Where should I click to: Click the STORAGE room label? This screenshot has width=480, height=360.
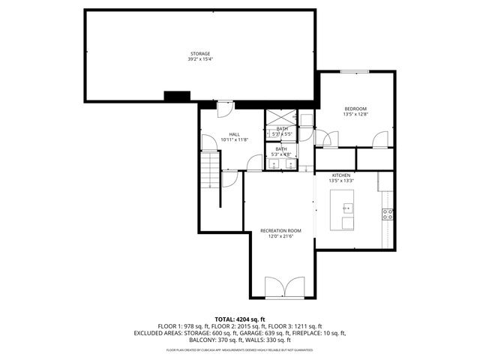coord(199,53)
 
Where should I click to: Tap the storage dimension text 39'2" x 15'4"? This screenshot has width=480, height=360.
coord(199,58)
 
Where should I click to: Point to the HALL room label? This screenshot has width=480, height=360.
coord(234,134)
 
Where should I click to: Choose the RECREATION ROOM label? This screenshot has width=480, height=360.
coord(280,230)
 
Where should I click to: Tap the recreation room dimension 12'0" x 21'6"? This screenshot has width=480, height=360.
coord(280,236)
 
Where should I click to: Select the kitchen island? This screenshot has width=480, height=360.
coord(346,210)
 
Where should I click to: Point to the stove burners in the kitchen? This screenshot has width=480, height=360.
coord(388,214)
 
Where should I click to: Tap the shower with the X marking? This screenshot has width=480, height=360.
coord(282,117)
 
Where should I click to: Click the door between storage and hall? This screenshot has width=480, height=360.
coord(223,109)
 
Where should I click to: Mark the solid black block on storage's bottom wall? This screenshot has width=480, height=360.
coord(177,96)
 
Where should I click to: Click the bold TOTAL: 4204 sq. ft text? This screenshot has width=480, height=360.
coord(239,319)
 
